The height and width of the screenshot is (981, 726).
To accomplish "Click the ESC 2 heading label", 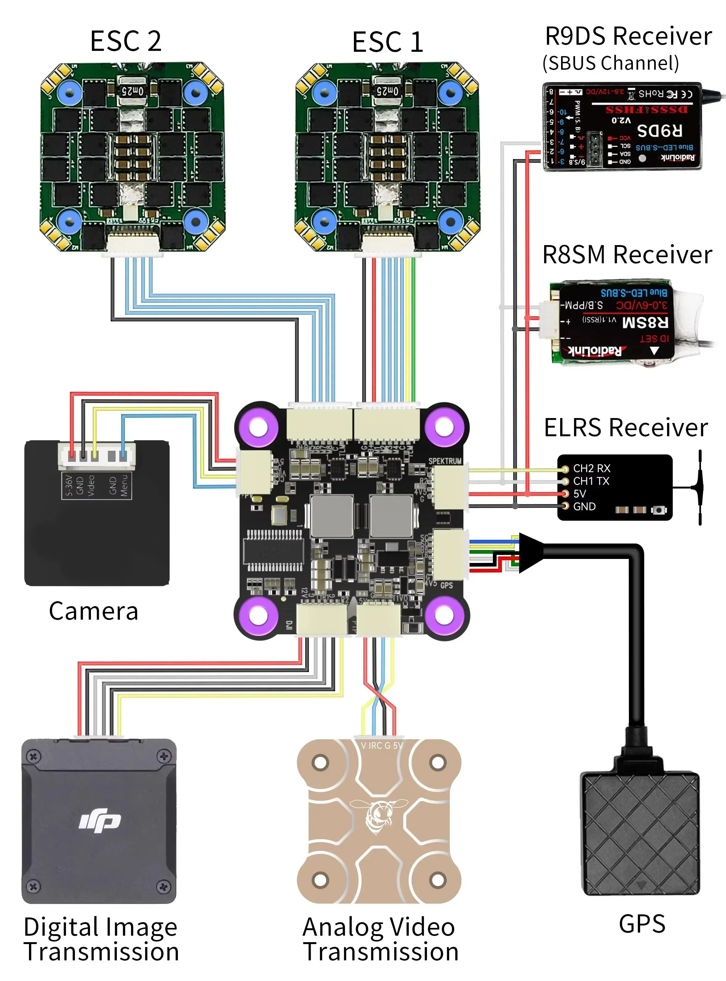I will (x=126, y=41).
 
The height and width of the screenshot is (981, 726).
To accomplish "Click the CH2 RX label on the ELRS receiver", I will (x=592, y=468).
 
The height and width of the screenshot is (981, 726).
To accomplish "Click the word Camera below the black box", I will (x=94, y=611).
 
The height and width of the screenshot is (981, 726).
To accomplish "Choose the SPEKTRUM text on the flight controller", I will (x=445, y=461).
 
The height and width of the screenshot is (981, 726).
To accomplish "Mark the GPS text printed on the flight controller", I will (x=446, y=585).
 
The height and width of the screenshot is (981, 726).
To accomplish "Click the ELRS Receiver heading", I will (x=626, y=428).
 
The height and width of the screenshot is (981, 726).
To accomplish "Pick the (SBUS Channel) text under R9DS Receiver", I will (x=611, y=63).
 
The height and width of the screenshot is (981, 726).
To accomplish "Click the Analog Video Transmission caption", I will (x=380, y=939).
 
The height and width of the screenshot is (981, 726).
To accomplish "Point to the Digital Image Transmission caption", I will (x=101, y=939).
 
